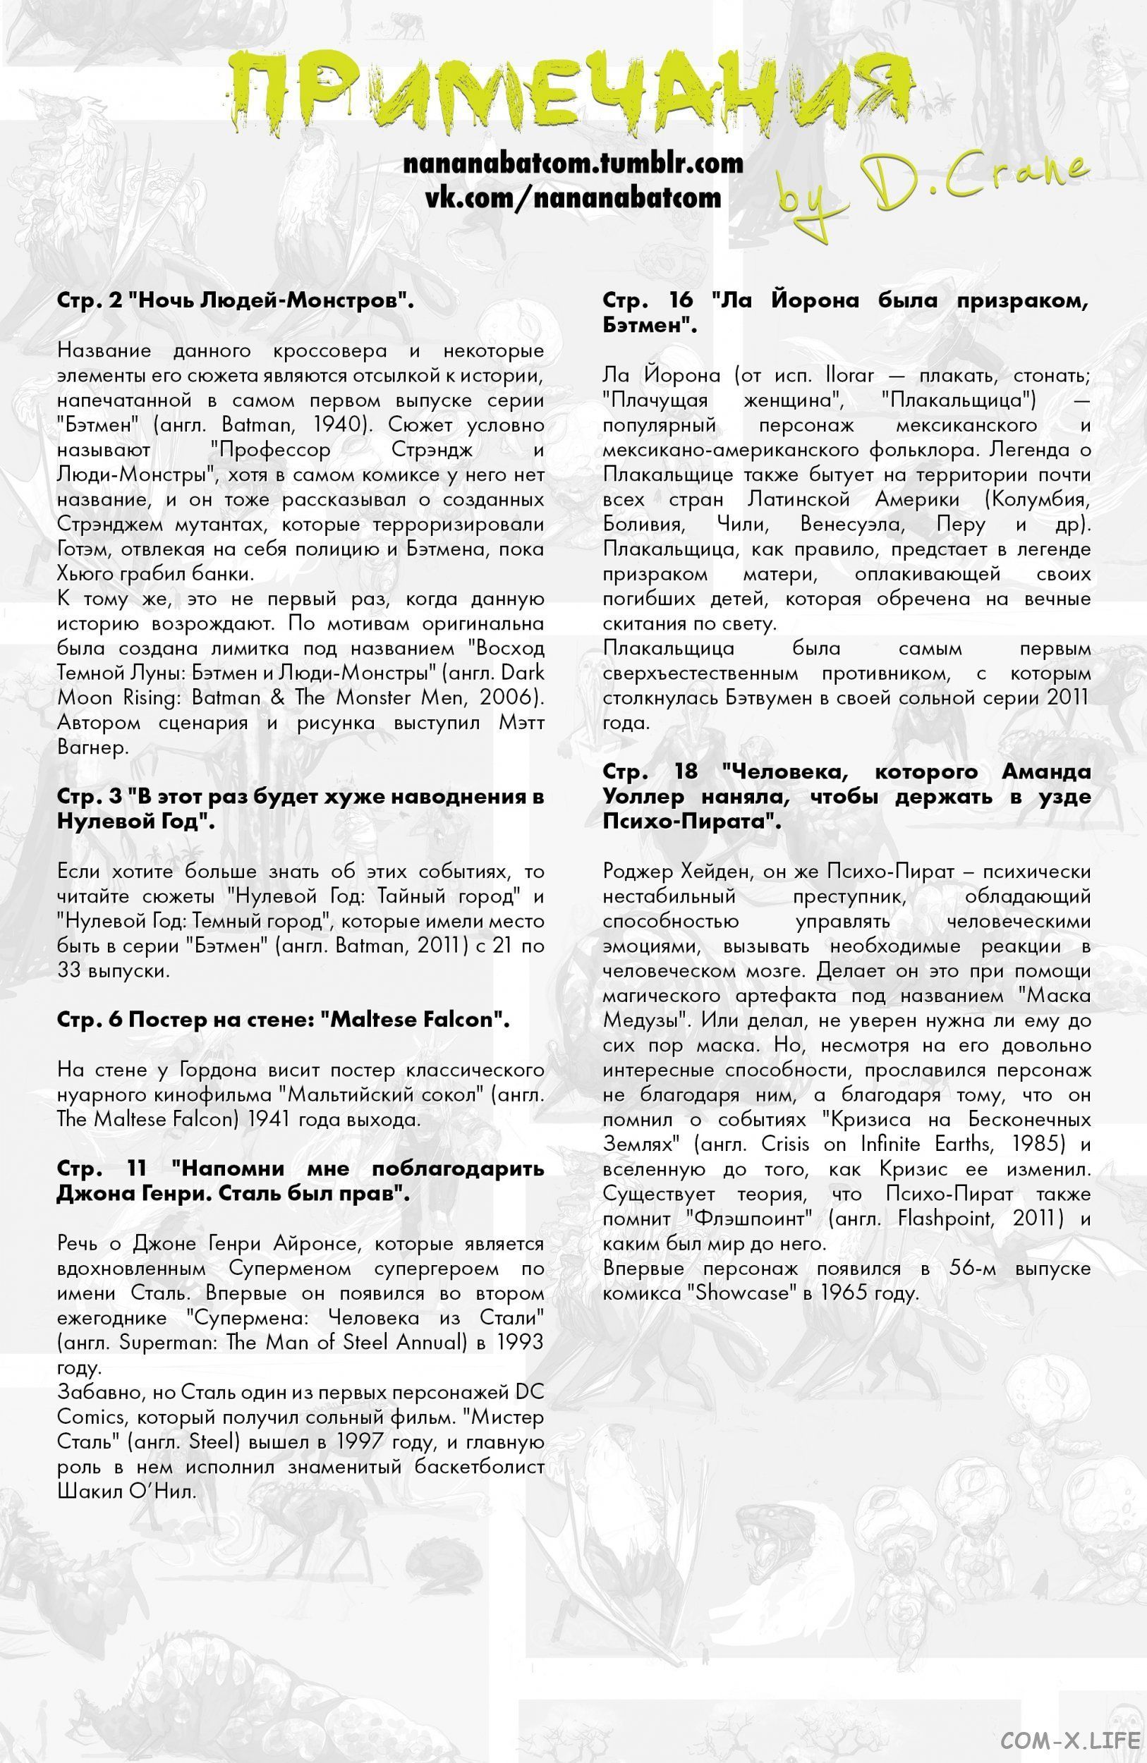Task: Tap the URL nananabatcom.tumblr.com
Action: pyautogui.click(x=573, y=164)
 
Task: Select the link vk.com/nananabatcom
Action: pyautogui.click(x=573, y=197)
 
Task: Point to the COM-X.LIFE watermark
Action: pyautogui.click(x=1069, y=1740)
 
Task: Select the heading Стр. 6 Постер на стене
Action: pyautogui.click(x=283, y=1019)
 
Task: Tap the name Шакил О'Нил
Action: pyautogui.click(x=126, y=1491)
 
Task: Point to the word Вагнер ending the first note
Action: pyautogui.click(x=92, y=748)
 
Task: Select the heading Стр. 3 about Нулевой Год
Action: pyautogui.click(x=300, y=809)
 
